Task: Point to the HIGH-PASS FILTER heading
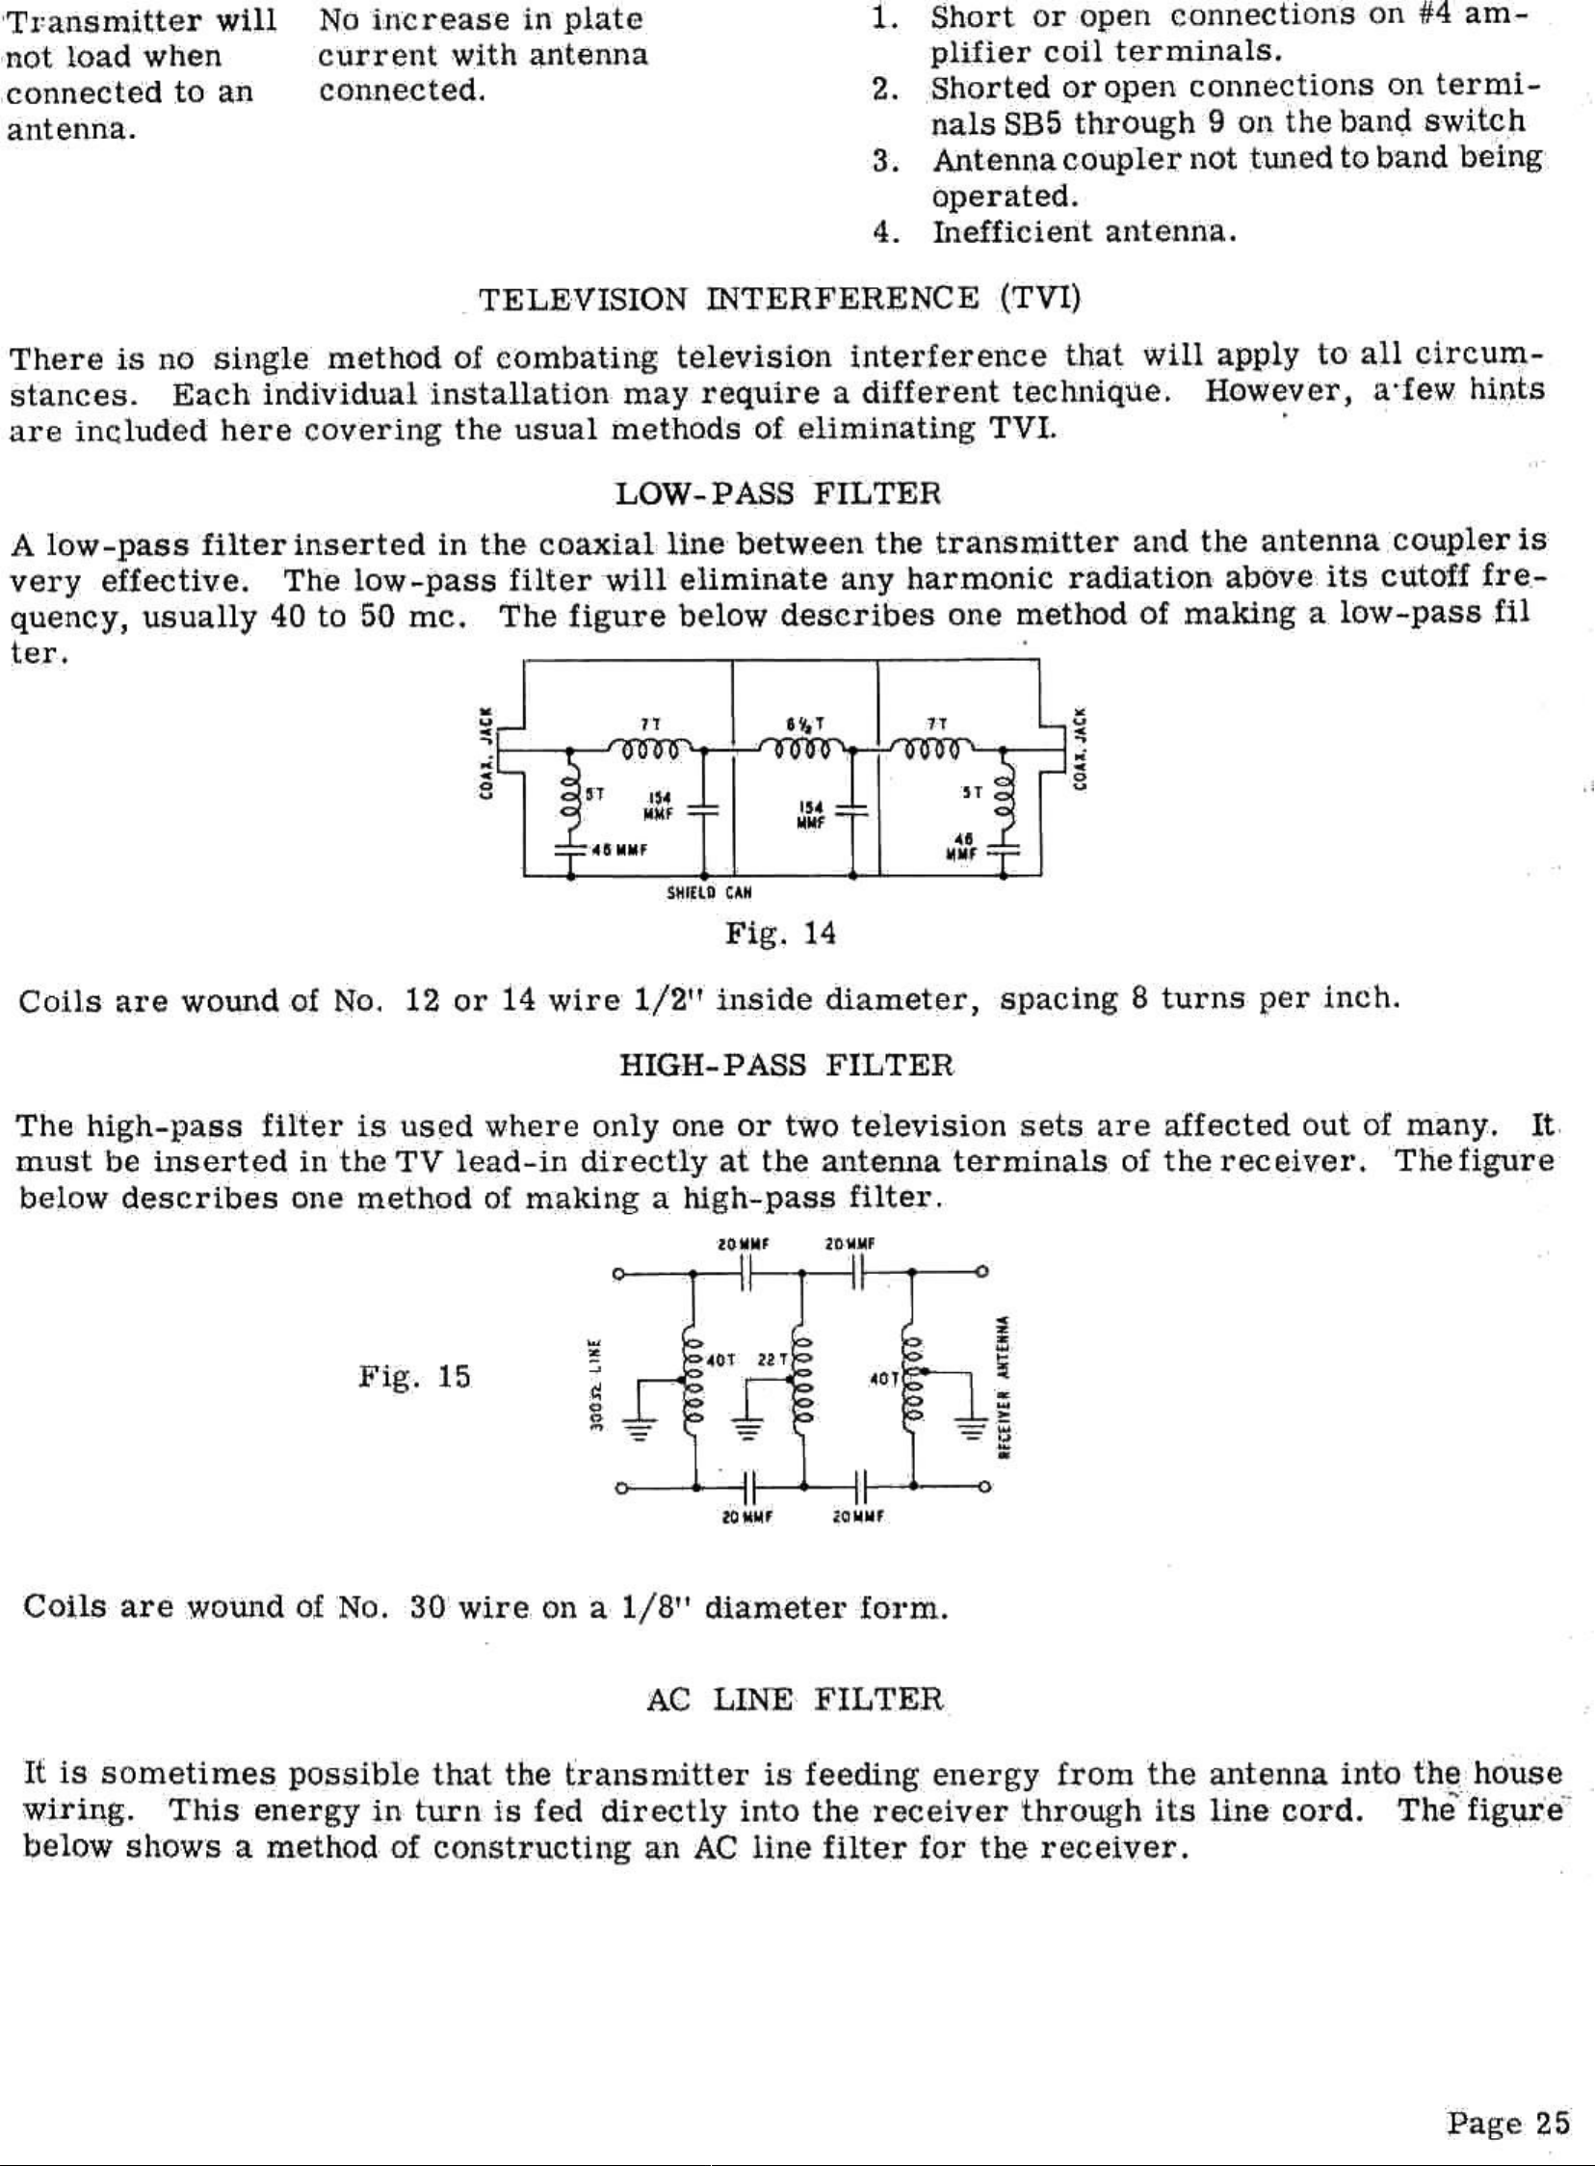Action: tap(785, 1066)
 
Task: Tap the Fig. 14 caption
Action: tap(780, 934)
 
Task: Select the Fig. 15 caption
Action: tap(414, 1376)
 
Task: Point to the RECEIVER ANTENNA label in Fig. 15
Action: tap(1005, 1387)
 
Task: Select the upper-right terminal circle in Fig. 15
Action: tap(982, 1273)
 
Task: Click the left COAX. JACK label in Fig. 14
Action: tap(488, 753)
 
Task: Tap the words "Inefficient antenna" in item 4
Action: tap(1084, 232)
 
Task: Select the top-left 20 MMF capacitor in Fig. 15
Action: tap(747, 1274)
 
